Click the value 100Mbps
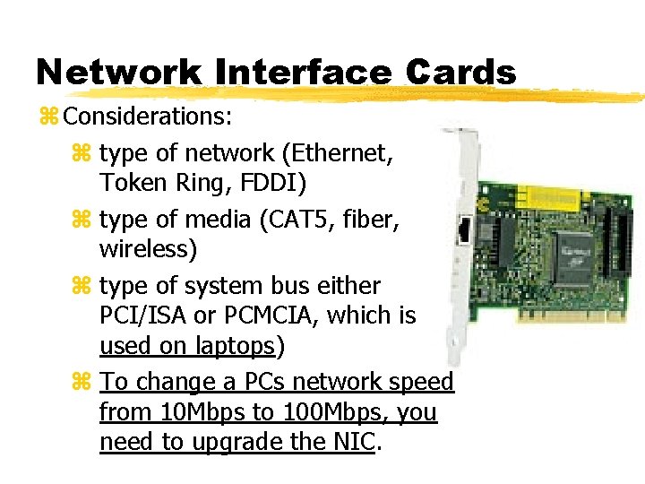pos(322,412)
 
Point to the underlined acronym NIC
pos(355,442)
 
